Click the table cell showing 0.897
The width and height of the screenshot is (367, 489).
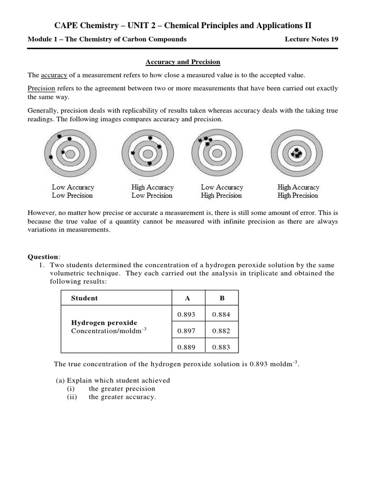pos(186,331)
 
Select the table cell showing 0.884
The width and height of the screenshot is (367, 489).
pos(221,314)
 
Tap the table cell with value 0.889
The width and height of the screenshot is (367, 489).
pos(186,347)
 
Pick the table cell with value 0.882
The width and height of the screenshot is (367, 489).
pos(221,331)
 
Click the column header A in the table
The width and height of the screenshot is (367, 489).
pos(187,298)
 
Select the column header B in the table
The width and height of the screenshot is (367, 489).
pos(222,298)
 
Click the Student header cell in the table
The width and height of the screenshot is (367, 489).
pos(84,298)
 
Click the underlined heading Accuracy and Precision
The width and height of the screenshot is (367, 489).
pos(183,62)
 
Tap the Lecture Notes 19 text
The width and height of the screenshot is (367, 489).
pos(311,39)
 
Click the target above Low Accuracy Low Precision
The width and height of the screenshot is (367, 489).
pos(70,154)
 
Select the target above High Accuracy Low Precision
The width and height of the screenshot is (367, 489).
pos(148,154)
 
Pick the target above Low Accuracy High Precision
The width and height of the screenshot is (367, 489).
pos(217,154)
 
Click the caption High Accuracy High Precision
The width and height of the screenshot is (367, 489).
pos(298,191)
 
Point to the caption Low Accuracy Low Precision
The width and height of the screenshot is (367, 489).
pos(73,191)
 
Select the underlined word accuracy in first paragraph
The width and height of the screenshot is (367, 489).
pos(54,75)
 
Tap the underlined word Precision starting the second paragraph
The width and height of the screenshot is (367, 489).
pos(41,88)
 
